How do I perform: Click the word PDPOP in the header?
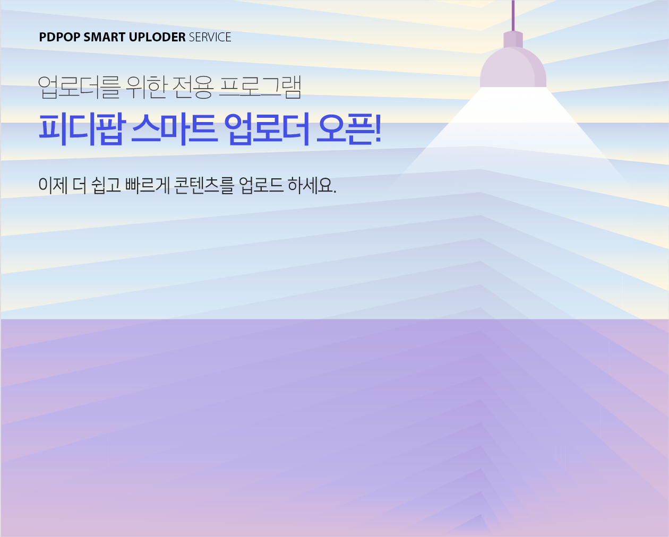60,37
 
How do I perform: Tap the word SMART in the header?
105,37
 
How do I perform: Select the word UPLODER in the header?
157,37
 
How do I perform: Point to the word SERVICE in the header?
210,37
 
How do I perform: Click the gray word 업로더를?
79,87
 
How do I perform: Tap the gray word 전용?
193,87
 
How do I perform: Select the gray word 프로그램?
261,87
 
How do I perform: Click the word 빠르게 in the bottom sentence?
147,185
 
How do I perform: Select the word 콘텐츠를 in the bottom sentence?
203,185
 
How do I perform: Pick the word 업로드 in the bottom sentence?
261,185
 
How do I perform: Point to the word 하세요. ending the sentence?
312,185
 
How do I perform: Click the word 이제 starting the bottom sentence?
53,185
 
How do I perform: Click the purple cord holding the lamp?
513,15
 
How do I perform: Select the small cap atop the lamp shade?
513,39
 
